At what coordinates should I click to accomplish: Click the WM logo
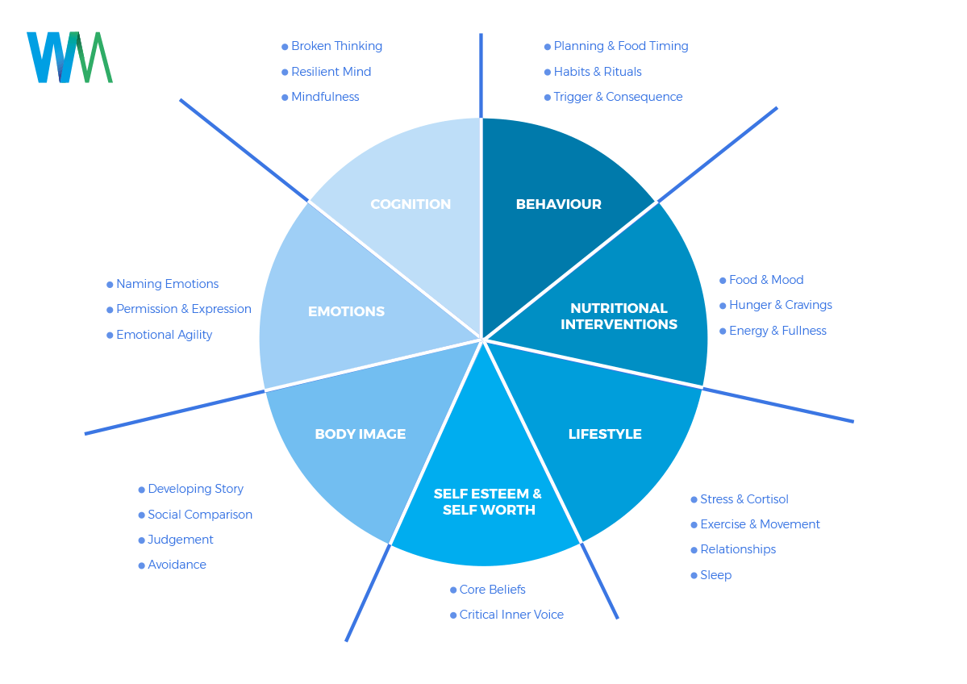[x=69, y=57]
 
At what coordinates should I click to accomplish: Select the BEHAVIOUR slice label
[x=558, y=204]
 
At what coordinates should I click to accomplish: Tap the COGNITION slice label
[x=411, y=204]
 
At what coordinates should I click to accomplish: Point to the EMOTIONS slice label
[x=346, y=311]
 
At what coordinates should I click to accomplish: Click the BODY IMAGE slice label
[x=360, y=434]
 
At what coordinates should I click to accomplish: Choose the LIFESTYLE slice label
[x=605, y=434]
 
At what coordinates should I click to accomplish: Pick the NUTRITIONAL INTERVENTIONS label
[x=619, y=316]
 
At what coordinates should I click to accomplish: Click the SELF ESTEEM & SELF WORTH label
[x=488, y=502]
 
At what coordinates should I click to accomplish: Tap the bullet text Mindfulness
[x=325, y=97]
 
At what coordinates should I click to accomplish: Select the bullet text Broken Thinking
[x=336, y=46]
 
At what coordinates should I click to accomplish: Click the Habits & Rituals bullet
[x=598, y=72]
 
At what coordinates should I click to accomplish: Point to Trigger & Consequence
[x=618, y=97]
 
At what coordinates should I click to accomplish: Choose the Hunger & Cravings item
[x=780, y=305]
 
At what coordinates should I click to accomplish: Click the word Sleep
[x=715, y=575]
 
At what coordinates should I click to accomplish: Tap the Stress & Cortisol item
[x=744, y=499]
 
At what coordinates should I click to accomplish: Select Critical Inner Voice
[x=511, y=615]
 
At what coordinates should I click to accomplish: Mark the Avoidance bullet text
[x=177, y=565]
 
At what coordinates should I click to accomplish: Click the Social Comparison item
[x=200, y=515]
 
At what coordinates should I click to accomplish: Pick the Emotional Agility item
[x=164, y=335]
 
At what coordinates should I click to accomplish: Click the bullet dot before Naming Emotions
[x=110, y=285]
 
